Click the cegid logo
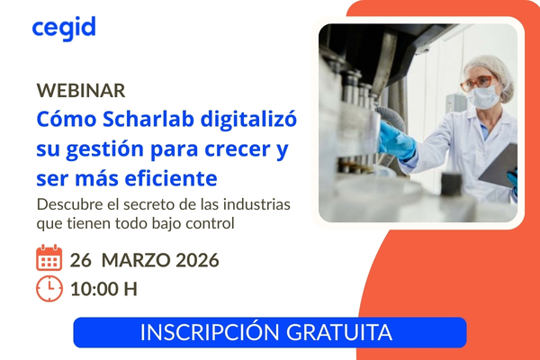pyautogui.click(x=63, y=28)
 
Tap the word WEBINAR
pyautogui.click(x=81, y=91)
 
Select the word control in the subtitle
pyautogui.click(x=208, y=221)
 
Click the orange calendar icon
pyautogui.click(x=49, y=260)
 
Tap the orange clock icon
pyautogui.click(x=49, y=289)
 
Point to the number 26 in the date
pyautogui.click(x=81, y=261)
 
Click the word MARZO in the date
pyautogui.click(x=138, y=261)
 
